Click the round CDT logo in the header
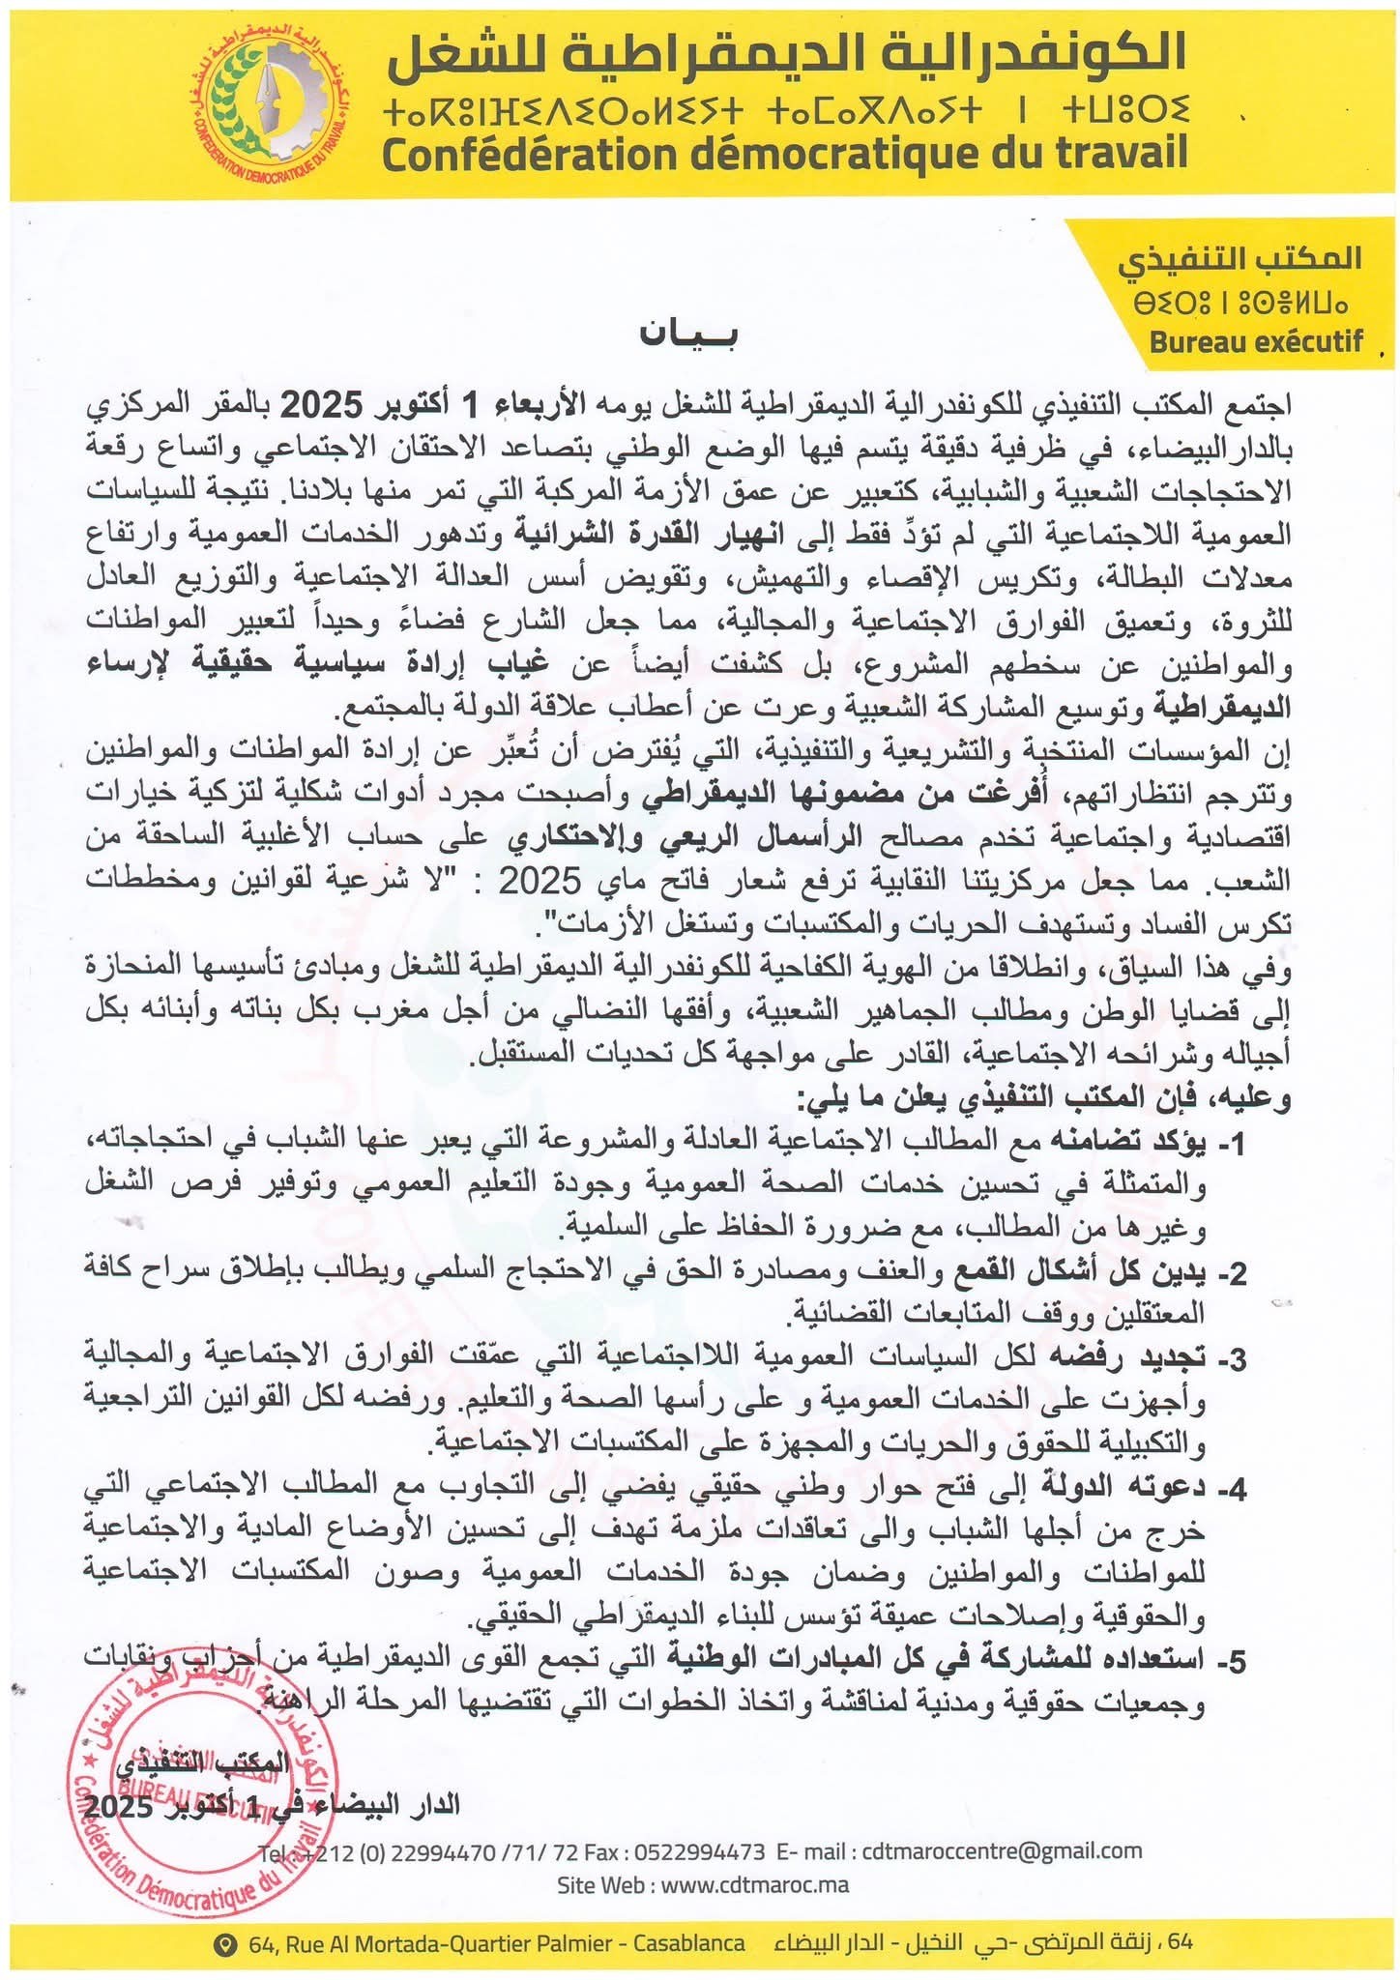275,104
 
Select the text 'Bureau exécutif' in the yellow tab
1256,341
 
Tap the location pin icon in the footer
227,1943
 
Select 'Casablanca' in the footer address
688,1943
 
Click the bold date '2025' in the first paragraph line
320,405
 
